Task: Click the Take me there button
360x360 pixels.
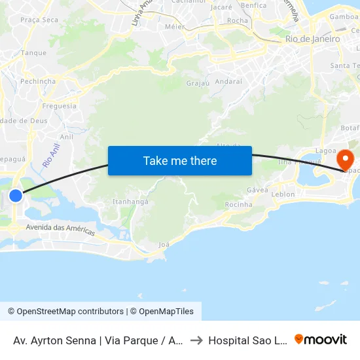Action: click(x=180, y=160)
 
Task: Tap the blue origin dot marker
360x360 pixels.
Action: click(x=16, y=195)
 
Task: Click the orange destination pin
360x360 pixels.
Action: click(x=344, y=160)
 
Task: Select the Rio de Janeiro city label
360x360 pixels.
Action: click(x=312, y=39)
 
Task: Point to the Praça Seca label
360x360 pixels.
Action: click(x=39, y=20)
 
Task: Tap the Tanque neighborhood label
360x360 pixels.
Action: click(x=34, y=53)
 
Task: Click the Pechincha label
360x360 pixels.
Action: click(x=38, y=81)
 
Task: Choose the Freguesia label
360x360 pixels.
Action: click(x=59, y=106)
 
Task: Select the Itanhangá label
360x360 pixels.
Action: click(x=130, y=202)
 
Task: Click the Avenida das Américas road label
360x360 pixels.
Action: click(x=61, y=230)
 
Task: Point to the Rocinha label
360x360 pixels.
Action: click(x=238, y=205)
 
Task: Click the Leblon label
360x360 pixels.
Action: click(x=283, y=194)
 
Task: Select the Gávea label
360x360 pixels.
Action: click(x=258, y=190)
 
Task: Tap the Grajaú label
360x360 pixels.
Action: click(x=197, y=83)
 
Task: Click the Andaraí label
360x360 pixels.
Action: click(x=228, y=82)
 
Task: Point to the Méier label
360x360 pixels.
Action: click(x=175, y=27)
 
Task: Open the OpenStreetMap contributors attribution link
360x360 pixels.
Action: click(x=65, y=312)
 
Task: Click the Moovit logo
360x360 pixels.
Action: click(x=321, y=340)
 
